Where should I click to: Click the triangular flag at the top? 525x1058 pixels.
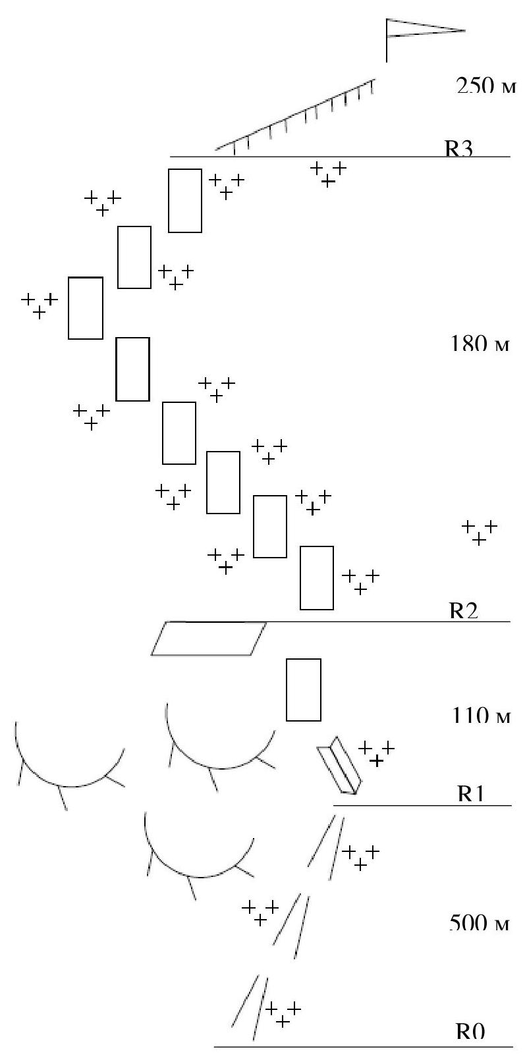[422, 30]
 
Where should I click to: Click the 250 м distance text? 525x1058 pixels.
[484, 87]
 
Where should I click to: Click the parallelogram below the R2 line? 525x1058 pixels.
[209, 638]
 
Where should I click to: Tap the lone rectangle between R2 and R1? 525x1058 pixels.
[303, 689]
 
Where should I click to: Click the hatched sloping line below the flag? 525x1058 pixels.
[296, 117]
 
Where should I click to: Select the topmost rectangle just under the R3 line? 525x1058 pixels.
[184, 200]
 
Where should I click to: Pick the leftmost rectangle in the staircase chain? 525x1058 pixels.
[86, 308]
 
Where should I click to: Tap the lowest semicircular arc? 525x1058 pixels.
[198, 856]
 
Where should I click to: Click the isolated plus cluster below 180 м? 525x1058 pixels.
[479, 532]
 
